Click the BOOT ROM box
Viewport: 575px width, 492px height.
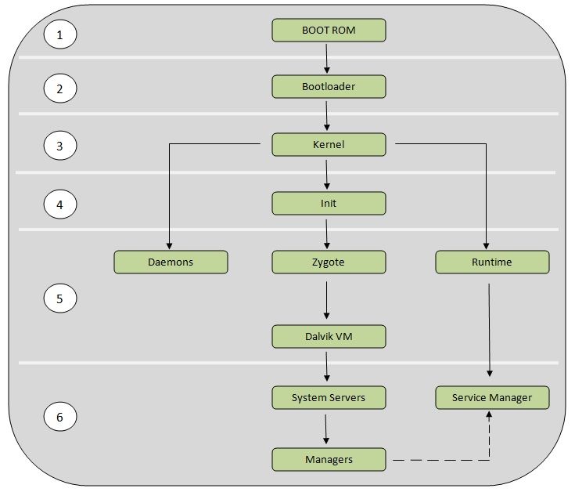[x=329, y=31]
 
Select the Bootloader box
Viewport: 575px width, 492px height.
[x=329, y=87]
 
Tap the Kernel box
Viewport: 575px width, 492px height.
[x=329, y=145]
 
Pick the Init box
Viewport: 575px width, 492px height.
[x=329, y=204]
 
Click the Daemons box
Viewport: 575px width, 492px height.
[x=171, y=262]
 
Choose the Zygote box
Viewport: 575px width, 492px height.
[x=329, y=262]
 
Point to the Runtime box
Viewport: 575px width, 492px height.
[x=492, y=262]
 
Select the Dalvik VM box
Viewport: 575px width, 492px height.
[x=329, y=337]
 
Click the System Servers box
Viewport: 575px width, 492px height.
[x=329, y=397]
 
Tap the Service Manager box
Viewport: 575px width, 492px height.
[x=492, y=397]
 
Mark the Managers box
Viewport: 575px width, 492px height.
[x=329, y=459]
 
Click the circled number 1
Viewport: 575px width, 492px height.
[x=61, y=34]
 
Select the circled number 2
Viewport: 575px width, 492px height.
[x=61, y=89]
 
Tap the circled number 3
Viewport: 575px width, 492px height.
[x=61, y=146]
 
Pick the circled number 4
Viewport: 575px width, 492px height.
[x=61, y=205]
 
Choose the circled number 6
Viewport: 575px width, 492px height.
[x=61, y=418]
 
